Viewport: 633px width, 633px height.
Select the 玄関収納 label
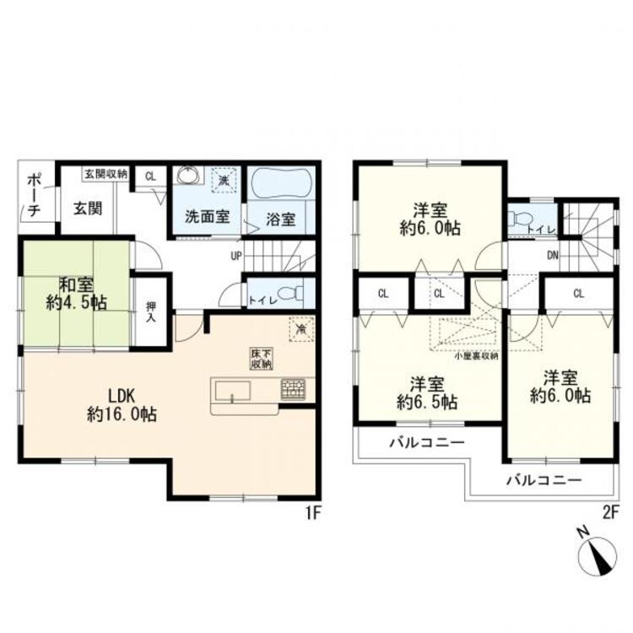[105, 175]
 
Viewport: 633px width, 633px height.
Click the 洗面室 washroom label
[208, 216]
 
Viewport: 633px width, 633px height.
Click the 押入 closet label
[151, 311]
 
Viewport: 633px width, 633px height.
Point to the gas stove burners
[294, 389]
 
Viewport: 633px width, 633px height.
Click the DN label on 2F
[552, 255]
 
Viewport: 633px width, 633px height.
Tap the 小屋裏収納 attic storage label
[476, 355]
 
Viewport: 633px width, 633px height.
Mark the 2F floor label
[610, 511]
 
